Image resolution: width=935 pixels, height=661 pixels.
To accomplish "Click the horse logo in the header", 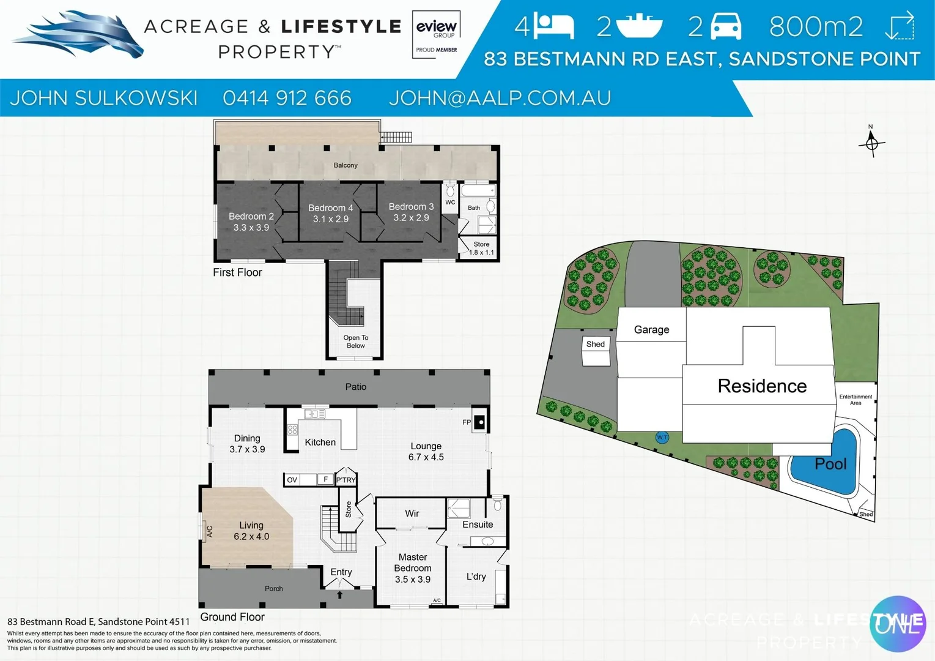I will coord(79,35).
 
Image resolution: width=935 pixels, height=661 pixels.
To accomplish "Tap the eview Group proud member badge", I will coord(436,35).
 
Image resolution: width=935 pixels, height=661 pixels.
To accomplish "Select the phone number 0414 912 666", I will coord(287,98).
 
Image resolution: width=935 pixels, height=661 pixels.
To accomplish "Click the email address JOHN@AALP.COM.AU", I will coord(500,98).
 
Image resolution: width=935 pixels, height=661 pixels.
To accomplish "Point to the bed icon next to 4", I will coord(553,26).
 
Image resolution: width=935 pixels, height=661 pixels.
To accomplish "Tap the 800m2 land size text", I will coord(816,26).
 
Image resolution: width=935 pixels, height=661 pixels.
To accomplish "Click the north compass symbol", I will coord(871,144).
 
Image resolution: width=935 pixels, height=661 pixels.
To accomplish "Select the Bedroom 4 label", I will coord(330,208).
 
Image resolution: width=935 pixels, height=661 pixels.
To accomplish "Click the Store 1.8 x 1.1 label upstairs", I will coord(481,248).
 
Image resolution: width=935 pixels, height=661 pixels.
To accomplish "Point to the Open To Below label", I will coord(356,342).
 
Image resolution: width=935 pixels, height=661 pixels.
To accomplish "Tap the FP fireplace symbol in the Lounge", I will coord(480,422).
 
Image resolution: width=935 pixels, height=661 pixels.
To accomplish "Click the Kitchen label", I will coord(320,442).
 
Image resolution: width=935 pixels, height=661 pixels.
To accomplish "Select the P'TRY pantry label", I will coord(346,480).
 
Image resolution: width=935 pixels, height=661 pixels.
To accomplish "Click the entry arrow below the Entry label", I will coord(340,594).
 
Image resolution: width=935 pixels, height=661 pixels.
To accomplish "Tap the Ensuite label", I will coord(478,525).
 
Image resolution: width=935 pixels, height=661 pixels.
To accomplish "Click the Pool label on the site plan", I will coord(830,464).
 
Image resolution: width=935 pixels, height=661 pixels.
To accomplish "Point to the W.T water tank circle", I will coord(662,437).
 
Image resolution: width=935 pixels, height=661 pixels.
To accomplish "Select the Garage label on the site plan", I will coord(651,329).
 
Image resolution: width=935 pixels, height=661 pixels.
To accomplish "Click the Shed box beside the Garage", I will coord(595,345).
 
